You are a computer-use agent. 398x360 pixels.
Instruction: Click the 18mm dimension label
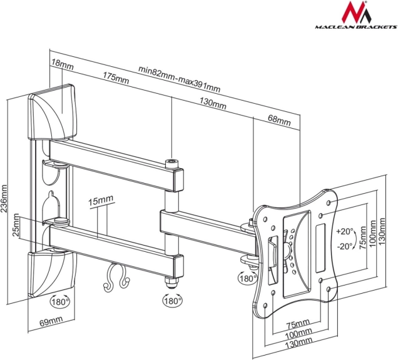pyautogui.click(x=63, y=65)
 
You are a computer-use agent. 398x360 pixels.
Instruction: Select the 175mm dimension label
pyautogui.click(x=116, y=78)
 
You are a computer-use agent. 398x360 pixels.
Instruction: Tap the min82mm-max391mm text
pyautogui.click(x=179, y=79)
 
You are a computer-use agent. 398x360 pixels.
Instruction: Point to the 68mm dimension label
pyautogui.click(x=279, y=120)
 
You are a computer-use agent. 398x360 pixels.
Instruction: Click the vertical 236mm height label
pyautogui.click(x=4, y=199)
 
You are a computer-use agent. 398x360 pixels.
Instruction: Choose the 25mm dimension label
pyautogui.click(x=16, y=225)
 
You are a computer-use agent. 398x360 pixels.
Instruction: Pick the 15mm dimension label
pyautogui.click(x=101, y=201)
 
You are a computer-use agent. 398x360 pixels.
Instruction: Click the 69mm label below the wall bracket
pyautogui.click(x=51, y=321)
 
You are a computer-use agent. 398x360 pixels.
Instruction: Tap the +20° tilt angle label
pyautogui.click(x=345, y=231)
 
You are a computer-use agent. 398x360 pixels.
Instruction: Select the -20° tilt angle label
pyautogui.click(x=345, y=246)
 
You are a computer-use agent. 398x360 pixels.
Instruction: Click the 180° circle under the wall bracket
pyautogui.click(x=60, y=302)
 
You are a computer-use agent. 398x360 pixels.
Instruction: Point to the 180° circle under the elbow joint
pyautogui.click(x=172, y=301)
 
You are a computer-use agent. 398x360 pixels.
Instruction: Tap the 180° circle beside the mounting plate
pyautogui.click(x=247, y=278)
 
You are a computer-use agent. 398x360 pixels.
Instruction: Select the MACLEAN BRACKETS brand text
pyautogui.click(x=356, y=27)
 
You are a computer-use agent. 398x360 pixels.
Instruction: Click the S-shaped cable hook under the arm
pyautogui.click(x=117, y=277)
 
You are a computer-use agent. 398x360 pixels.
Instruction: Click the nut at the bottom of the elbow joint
pyautogui.click(x=172, y=282)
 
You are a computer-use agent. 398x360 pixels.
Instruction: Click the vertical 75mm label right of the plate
pyautogui.click(x=363, y=239)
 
